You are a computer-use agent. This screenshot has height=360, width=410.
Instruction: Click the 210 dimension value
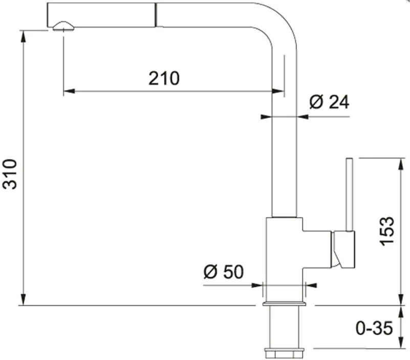(x=164, y=78)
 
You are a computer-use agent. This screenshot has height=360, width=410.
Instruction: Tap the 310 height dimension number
(x=10, y=174)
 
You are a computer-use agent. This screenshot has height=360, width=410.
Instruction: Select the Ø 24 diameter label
(x=329, y=102)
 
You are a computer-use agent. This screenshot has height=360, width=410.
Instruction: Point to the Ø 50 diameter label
(x=223, y=272)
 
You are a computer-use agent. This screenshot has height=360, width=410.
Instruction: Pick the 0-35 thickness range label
(x=374, y=328)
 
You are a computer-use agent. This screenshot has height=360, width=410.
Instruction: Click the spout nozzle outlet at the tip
(x=63, y=27)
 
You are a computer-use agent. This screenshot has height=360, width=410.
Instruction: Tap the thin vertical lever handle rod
(x=349, y=195)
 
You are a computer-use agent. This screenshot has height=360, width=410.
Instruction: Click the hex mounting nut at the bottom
(x=284, y=353)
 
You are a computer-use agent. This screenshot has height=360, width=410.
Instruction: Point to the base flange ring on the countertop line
(x=284, y=304)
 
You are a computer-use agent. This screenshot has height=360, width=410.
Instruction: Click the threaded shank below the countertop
(x=284, y=327)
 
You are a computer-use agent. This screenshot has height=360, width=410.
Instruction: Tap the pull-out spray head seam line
(x=156, y=15)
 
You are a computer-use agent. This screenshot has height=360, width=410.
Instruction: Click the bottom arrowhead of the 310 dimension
(x=23, y=300)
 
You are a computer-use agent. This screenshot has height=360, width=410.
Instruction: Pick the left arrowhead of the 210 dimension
(x=69, y=91)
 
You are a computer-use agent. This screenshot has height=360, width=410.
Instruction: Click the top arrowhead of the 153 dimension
(x=401, y=164)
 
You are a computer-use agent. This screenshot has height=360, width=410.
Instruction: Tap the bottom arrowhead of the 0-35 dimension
(x=401, y=343)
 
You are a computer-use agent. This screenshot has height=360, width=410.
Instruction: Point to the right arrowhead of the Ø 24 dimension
(x=303, y=117)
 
